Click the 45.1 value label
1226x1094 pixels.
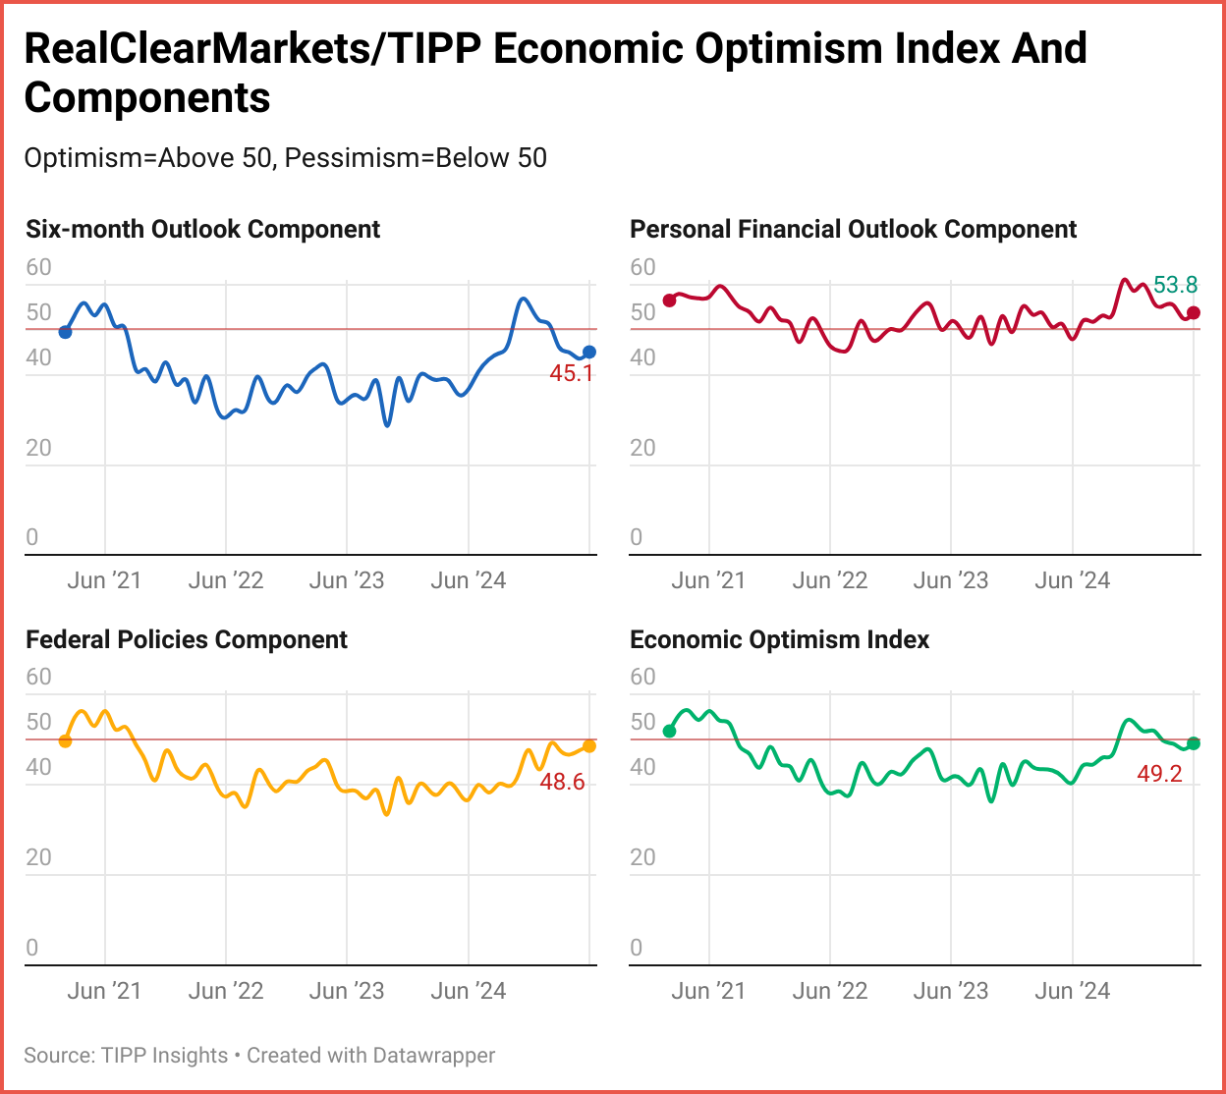point(572,373)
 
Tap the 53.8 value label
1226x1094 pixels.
point(1175,285)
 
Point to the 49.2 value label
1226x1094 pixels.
point(1160,774)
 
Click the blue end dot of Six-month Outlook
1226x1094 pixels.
point(589,352)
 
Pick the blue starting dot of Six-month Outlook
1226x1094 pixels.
point(65,332)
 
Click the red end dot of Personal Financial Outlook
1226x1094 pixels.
point(1194,312)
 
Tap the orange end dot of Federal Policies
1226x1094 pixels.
point(589,746)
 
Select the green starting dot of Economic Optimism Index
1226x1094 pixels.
point(669,731)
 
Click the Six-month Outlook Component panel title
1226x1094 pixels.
point(202,229)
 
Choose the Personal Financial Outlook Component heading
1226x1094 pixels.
point(853,229)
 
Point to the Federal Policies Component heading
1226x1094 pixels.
point(187,639)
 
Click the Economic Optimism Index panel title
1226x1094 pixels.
point(779,639)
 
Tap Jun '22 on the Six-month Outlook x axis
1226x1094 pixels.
point(226,580)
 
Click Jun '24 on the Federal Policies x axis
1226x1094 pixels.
point(469,990)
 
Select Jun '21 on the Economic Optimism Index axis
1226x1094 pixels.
point(708,990)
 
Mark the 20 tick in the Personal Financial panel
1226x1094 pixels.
point(642,448)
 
